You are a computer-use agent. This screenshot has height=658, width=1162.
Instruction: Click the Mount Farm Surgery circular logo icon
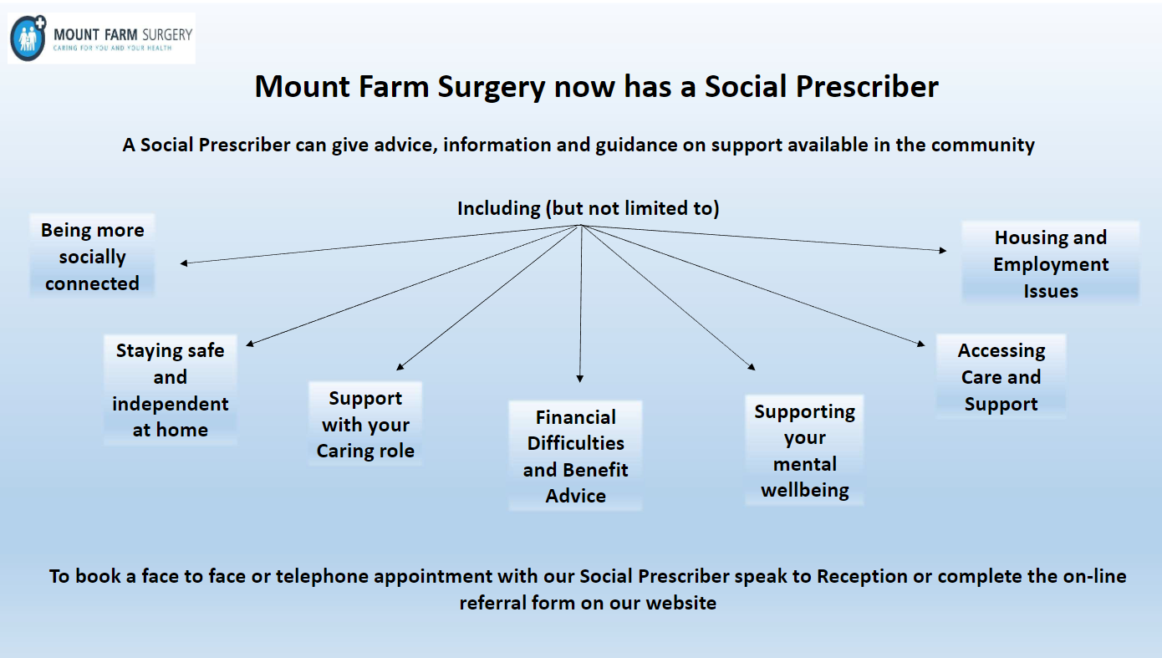[x=28, y=38]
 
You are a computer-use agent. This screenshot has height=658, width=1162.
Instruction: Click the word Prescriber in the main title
[x=867, y=87]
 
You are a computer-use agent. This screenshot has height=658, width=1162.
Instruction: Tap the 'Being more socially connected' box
[x=92, y=257]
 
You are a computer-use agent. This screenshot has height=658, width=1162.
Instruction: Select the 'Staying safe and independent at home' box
[x=171, y=390]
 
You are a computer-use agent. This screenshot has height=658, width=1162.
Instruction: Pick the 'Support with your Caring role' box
[x=365, y=424]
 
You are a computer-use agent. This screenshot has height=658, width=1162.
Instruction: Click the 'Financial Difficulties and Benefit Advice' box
[x=575, y=456]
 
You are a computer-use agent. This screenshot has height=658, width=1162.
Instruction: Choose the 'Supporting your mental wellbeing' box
[x=804, y=450]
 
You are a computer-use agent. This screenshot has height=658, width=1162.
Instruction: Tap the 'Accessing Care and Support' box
[x=1001, y=377]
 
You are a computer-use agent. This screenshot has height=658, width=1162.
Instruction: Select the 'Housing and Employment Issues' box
[x=1051, y=263]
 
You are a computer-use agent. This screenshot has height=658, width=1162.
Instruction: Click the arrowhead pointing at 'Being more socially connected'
[x=184, y=263]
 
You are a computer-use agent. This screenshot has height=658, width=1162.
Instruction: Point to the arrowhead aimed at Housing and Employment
[x=943, y=250]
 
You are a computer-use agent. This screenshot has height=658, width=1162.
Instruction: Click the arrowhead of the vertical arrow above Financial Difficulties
[x=580, y=379]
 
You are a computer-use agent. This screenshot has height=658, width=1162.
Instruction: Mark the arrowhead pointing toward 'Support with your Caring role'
[x=400, y=367]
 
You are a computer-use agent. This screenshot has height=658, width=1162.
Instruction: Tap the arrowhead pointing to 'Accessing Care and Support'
[x=921, y=344]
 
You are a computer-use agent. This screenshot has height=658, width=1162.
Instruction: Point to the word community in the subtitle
[x=983, y=145]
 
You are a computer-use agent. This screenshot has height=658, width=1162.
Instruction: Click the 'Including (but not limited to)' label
[x=589, y=209]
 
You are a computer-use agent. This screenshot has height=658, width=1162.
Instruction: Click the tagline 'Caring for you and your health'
[x=112, y=48]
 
